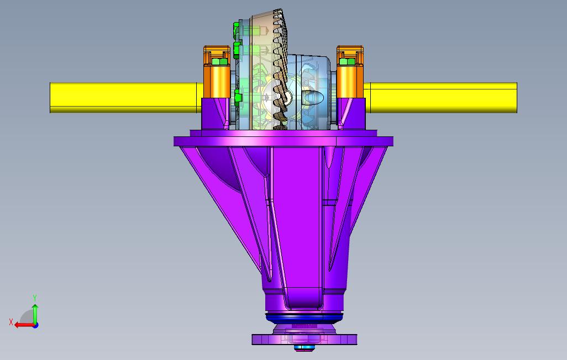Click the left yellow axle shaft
click(127, 98)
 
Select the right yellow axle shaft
click(440, 98)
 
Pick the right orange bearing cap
click(350, 72)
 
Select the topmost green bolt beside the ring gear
click(237, 28)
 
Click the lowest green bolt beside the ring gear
click(237, 98)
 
